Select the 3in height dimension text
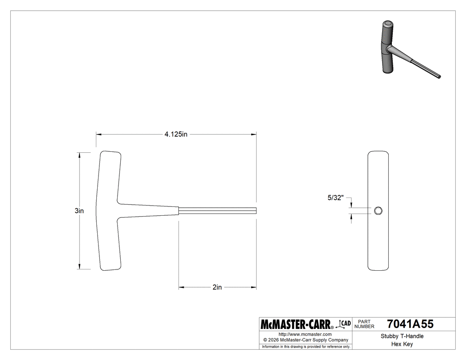coord(79,211)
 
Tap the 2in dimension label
coord(217,287)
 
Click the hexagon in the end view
coord(379,211)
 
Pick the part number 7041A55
coord(410,324)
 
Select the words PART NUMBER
coord(364,324)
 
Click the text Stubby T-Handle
coord(402,336)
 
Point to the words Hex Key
coord(402,344)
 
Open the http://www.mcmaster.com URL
coord(305,334)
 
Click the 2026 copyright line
coord(305,340)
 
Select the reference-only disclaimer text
coord(305,346)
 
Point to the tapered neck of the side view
coord(149,210)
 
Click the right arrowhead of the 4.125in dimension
coord(254,134)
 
